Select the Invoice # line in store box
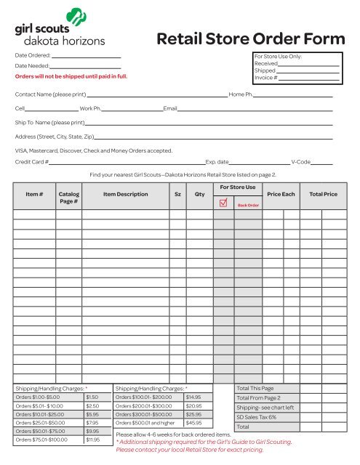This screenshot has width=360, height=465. click(308, 78)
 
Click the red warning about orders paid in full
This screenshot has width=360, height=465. click(71, 76)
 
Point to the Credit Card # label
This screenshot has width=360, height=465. click(32, 161)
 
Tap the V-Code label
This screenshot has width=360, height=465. click(300, 161)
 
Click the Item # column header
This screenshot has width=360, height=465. click(34, 195)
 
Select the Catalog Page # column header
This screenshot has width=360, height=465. click(69, 199)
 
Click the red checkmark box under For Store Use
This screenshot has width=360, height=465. click(223, 203)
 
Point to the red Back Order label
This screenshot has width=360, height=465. click(248, 206)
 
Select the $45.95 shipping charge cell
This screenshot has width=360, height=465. click(193, 422)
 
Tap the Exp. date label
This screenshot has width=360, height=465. click(217, 161)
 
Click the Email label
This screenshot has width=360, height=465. click(170, 108)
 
